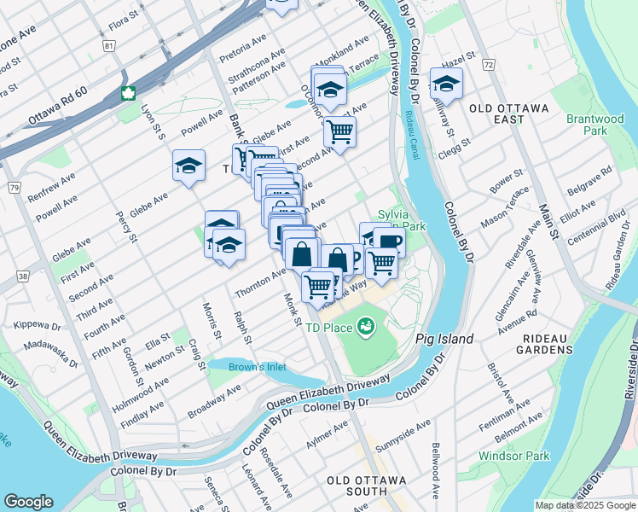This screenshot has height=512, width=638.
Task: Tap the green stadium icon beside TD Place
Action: pyautogui.click(x=366, y=325)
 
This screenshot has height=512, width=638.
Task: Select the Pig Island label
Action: pyautogui.click(x=444, y=339)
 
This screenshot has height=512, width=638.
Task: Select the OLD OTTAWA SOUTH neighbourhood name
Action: pyautogui.click(x=368, y=480)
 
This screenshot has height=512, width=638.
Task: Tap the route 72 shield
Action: pyautogui.click(x=488, y=64)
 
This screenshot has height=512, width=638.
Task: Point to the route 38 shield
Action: pyautogui.click(x=20, y=276)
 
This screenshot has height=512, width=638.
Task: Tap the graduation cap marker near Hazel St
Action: pyautogui.click(x=445, y=84)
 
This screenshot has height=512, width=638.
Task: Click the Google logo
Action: pyautogui.click(x=29, y=501)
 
